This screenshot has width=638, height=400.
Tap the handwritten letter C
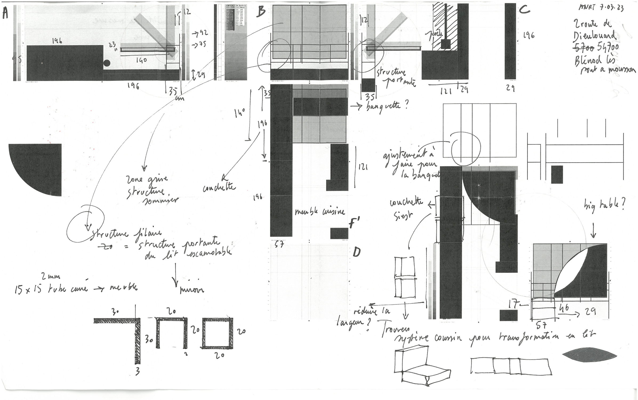pyautogui.click(x=524, y=10)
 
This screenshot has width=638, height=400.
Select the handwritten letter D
pyautogui.click(x=356, y=252)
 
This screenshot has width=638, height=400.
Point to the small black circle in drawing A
pyautogui.click(x=107, y=63)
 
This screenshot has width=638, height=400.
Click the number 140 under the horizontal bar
pyautogui.click(x=141, y=61)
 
